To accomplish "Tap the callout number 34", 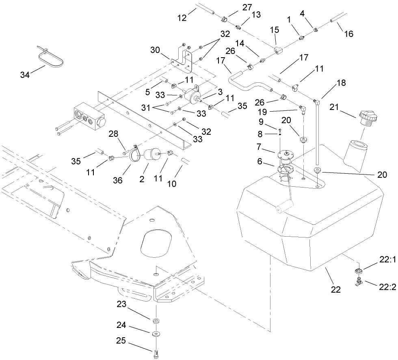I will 25,74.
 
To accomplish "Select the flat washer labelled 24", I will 156,334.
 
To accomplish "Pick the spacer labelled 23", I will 156,321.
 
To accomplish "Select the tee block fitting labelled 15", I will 278,50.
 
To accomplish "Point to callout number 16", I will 349,34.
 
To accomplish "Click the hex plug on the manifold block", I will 101,121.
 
